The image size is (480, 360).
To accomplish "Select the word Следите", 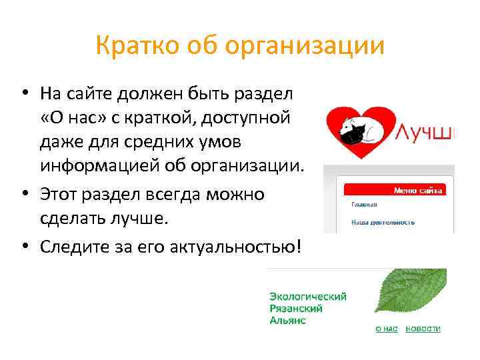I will [73, 247].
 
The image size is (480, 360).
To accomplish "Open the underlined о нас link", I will [387, 329].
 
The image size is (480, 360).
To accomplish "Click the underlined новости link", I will [423, 329].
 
